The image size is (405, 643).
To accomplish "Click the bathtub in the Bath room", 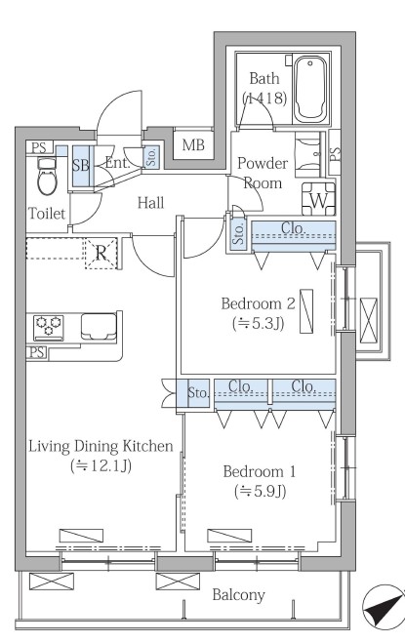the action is coord(311,89).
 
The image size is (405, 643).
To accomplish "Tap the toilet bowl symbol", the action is coord(46,178).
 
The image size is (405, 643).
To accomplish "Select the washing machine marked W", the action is coord(318,199).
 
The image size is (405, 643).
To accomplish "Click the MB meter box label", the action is coord(193,144).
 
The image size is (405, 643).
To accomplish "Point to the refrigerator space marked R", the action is coord(101,253).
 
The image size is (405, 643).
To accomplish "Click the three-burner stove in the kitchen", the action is coord(49,327).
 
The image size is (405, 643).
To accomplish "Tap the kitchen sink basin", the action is coord(99,327).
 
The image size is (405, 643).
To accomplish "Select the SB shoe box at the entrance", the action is coord(81,166).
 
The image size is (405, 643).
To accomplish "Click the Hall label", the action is coord(150,203).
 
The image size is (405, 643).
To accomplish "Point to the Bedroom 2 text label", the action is coord(258,303).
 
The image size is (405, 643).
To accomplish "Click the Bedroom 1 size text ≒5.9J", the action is coord(260,491).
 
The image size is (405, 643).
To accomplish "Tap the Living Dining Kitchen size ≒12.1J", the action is coord(101,465).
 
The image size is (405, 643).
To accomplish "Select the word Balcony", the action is coord(238,595).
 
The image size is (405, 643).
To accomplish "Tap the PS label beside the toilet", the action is coord(39,147).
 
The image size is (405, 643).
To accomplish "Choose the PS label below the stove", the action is coord(37,352).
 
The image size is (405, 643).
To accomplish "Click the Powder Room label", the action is coord(263,173).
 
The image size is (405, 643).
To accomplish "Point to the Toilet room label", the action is coord(47,214).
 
